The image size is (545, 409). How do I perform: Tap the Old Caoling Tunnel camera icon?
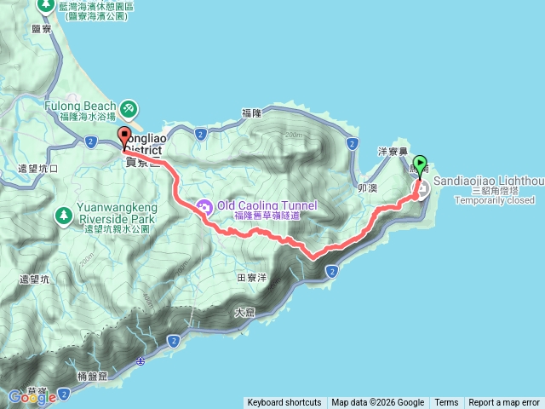pyautogui.click(x=204, y=205)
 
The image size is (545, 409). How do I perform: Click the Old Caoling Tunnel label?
pyautogui.click(x=267, y=205)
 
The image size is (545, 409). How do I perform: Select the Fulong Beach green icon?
pyautogui.click(x=128, y=108)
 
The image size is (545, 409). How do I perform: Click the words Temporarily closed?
pyautogui.click(x=482, y=200)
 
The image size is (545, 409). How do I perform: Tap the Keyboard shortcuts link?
pyautogui.click(x=284, y=403)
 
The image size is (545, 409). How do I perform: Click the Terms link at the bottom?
pyautogui.click(x=446, y=403)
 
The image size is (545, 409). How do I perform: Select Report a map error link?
pyautogui.click(x=504, y=403)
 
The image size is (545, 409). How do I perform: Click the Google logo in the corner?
pyautogui.click(x=32, y=397)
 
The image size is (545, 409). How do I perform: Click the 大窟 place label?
pyautogui.click(x=244, y=313)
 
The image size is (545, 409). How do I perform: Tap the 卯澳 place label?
pyautogui.click(x=367, y=188)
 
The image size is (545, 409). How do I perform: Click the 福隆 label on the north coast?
pyautogui.click(x=251, y=112)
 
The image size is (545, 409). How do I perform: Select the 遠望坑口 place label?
pyautogui.click(x=37, y=169)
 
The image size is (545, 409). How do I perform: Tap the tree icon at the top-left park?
pyautogui.click(x=45, y=5)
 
